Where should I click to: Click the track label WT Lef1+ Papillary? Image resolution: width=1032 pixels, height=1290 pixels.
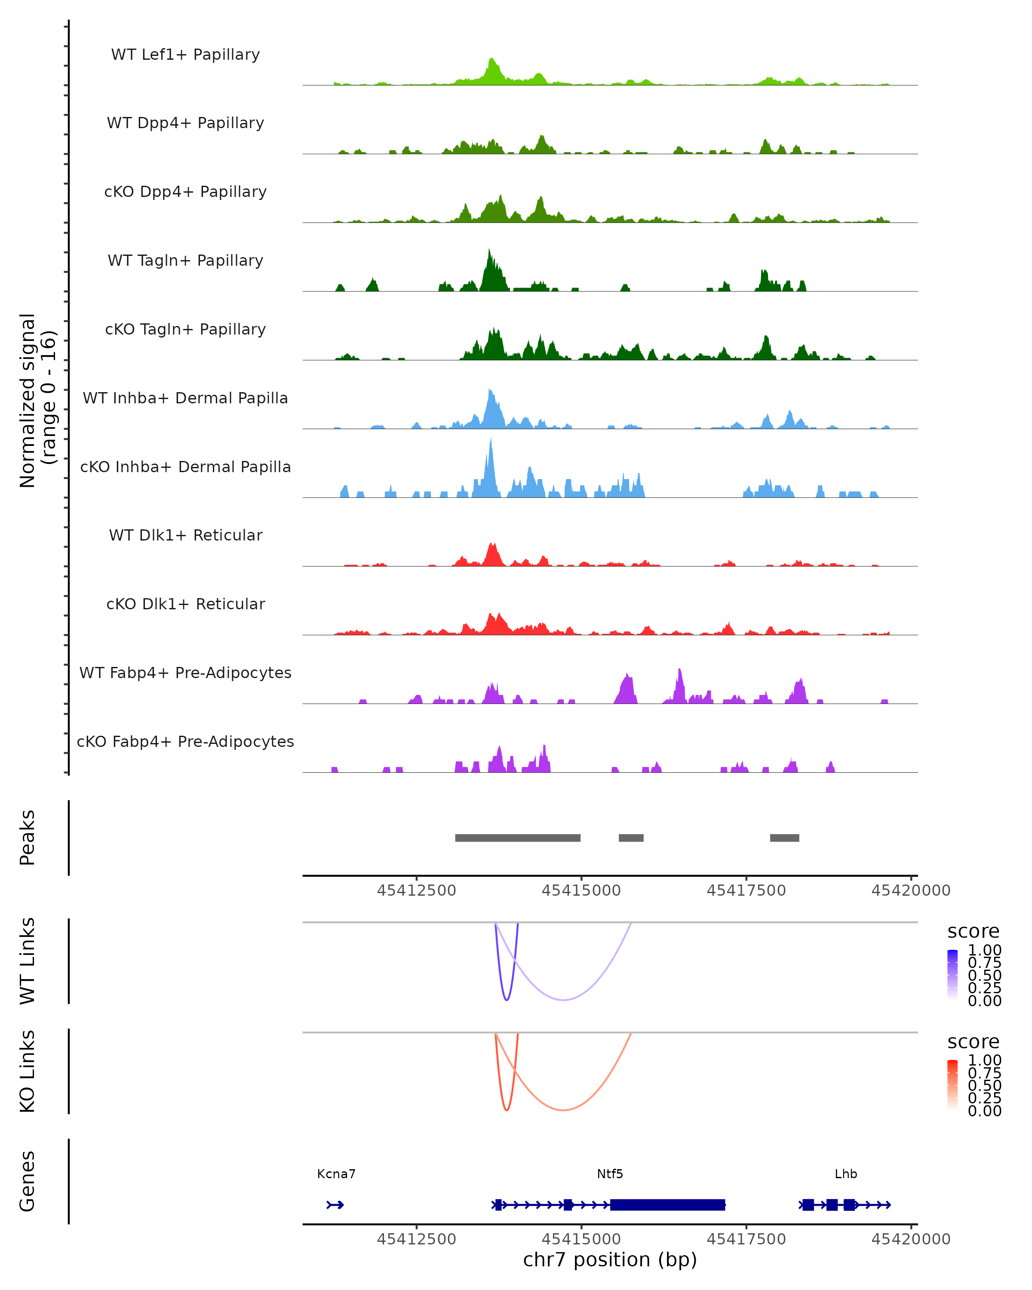pyautogui.click(x=185, y=55)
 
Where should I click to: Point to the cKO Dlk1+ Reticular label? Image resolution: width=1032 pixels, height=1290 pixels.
pyautogui.click(x=185, y=604)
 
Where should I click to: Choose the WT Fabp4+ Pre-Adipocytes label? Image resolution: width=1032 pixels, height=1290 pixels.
pyautogui.click(x=185, y=673)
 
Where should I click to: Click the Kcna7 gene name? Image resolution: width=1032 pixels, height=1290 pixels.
pyautogui.click(x=336, y=1174)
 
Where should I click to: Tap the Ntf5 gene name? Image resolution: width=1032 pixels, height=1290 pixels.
pyautogui.click(x=610, y=1174)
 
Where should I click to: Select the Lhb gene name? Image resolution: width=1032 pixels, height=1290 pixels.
pyautogui.click(x=845, y=1174)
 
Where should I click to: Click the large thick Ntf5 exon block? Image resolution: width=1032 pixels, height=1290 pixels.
pyautogui.click(x=667, y=1204)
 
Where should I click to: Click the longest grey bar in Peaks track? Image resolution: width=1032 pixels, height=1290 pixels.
pyautogui.click(x=517, y=838)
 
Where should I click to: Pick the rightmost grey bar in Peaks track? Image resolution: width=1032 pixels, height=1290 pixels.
pyautogui.click(x=784, y=838)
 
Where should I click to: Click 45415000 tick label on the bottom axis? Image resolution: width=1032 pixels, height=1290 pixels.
pyautogui.click(x=581, y=1239)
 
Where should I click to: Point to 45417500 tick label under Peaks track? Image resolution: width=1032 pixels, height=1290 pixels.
pyautogui.click(x=746, y=891)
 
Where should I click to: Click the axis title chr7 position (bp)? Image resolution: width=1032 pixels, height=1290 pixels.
pyautogui.click(x=610, y=1259)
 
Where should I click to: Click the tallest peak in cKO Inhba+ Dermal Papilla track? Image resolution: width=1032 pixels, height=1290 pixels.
pyautogui.click(x=491, y=440)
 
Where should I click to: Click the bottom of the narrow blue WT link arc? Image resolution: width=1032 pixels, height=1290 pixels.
pyautogui.click(x=507, y=1000)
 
